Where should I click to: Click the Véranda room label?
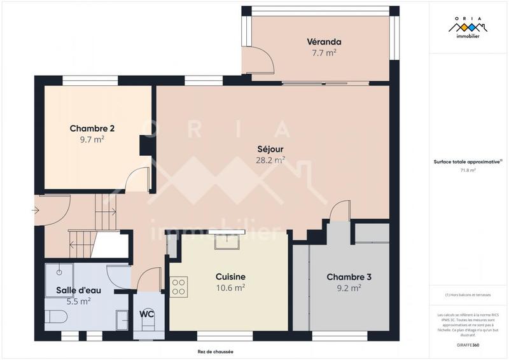pos(321,42)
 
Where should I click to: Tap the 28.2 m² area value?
pos(270,160)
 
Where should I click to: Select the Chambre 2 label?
pos(92,128)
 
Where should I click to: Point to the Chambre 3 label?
pos(349,277)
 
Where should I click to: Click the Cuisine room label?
pos(230,277)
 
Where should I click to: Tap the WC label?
pos(148,314)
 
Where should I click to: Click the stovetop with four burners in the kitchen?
pos(178,287)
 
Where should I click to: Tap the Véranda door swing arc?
pos(262,60)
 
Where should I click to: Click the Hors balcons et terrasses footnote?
pos(468,295)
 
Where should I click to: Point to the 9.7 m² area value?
pos(92,140)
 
